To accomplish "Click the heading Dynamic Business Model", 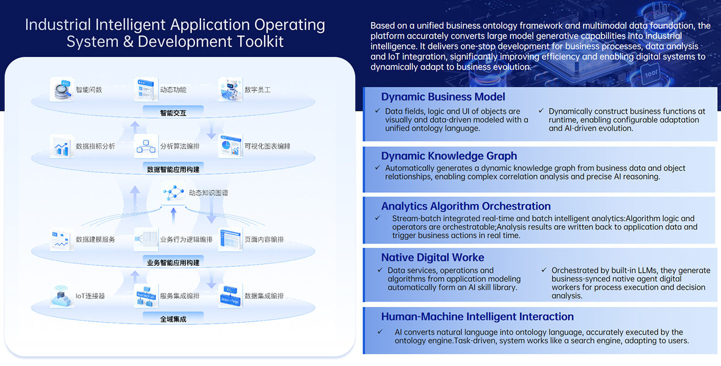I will click(x=443, y=97).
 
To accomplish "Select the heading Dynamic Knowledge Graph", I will click(x=449, y=156).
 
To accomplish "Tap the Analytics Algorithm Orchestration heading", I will click(x=466, y=206).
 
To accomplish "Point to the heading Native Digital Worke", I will click(x=432, y=258).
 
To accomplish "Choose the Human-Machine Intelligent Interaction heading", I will click(x=477, y=317).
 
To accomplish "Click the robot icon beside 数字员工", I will click(x=230, y=89).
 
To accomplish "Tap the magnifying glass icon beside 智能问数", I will click(x=62, y=89).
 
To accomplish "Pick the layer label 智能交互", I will click(x=173, y=113).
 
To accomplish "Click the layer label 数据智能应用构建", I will click(x=173, y=169).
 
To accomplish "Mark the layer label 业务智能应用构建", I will click(x=173, y=263).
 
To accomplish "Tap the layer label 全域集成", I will click(x=173, y=319).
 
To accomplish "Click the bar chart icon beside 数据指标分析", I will click(x=62, y=146).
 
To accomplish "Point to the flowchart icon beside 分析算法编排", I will click(x=146, y=146).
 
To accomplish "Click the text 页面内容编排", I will click(x=264, y=239).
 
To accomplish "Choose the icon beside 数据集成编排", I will click(x=230, y=296).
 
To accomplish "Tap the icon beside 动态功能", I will click(x=146, y=89).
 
